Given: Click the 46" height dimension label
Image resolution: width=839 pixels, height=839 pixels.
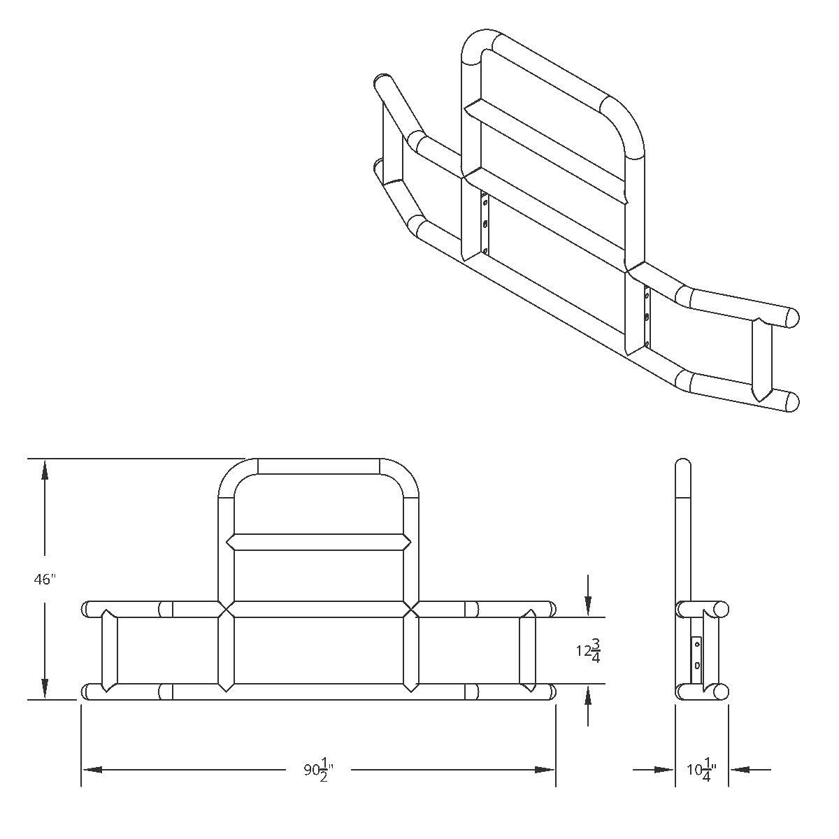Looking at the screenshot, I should tap(44, 579).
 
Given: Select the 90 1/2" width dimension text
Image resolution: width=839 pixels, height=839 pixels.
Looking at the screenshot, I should tap(318, 770).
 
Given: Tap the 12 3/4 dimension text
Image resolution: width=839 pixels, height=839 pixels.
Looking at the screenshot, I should tap(588, 651).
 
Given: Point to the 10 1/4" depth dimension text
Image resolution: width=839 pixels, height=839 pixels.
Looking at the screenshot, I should tap(699, 770).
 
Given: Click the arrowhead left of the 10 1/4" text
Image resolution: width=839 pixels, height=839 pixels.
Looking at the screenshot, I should tap(664, 770).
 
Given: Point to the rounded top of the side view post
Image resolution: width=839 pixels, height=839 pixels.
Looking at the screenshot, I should tap(683, 465).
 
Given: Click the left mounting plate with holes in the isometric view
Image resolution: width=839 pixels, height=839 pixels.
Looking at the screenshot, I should tap(485, 225).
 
